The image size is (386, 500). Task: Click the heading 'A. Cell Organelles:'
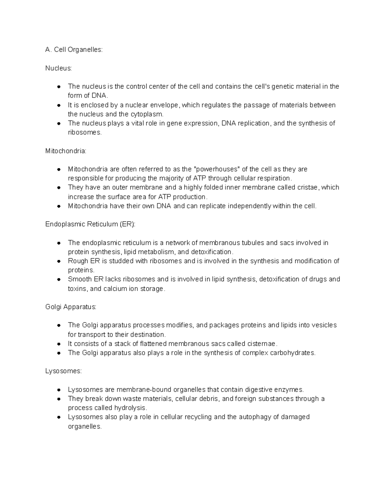74,50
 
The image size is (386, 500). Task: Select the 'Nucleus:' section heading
59,68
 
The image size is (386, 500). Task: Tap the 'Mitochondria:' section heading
66,151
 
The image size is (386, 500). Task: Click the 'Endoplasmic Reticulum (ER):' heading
90,224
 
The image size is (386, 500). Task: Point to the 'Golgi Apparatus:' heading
71,307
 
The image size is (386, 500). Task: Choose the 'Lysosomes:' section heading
63,371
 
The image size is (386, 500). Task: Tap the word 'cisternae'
259,344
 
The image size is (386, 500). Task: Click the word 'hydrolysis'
133,408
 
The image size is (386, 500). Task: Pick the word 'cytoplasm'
147,114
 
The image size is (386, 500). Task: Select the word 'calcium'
115,289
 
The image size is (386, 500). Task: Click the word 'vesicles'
324,325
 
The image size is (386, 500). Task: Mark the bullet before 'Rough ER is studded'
59,261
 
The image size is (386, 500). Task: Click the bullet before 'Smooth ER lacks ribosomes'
59,280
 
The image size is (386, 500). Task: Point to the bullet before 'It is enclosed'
59,105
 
